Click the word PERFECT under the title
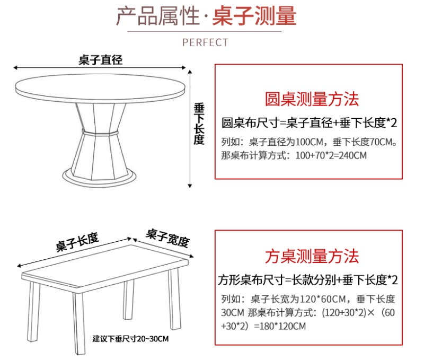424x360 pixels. [205, 42]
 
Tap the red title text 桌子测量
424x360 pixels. [254, 16]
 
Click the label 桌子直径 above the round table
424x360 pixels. [101, 60]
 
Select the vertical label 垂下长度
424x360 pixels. [199, 124]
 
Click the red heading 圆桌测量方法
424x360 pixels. [312, 99]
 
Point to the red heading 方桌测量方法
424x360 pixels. [312, 256]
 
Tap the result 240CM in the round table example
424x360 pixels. [352, 155]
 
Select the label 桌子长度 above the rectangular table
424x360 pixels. [77, 242]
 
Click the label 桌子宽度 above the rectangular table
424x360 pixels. [167, 238]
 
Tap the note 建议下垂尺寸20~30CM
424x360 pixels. [130, 339]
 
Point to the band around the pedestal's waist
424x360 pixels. [100, 133]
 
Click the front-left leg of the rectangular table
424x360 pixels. [79, 323]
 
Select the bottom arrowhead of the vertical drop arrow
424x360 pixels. [190, 186]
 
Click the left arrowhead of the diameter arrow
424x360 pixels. [15, 68]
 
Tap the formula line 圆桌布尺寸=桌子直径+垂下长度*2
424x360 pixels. [309, 123]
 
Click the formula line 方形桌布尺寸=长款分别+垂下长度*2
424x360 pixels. [308, 280]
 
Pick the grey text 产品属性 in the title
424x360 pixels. [157, 16]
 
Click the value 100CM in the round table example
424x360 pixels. [310, 142]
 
